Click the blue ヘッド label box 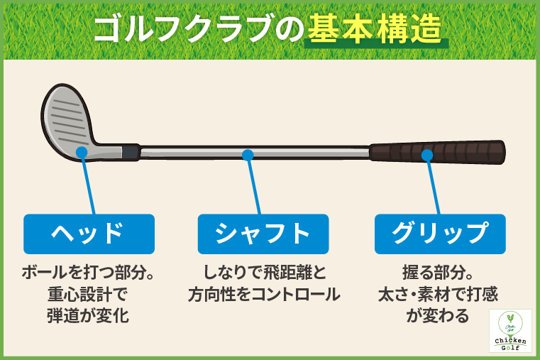[89, 234]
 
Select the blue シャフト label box [263, 234]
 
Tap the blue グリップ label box [440, 234]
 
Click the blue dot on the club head [82, 151]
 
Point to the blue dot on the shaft [247, 154]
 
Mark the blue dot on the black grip [426, 154]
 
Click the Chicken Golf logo [511, 330]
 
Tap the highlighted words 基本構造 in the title [375, 31]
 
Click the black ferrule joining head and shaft [131, 152]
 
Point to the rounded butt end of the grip [501, 152]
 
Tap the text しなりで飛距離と [264, 272]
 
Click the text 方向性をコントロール [264, 293]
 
